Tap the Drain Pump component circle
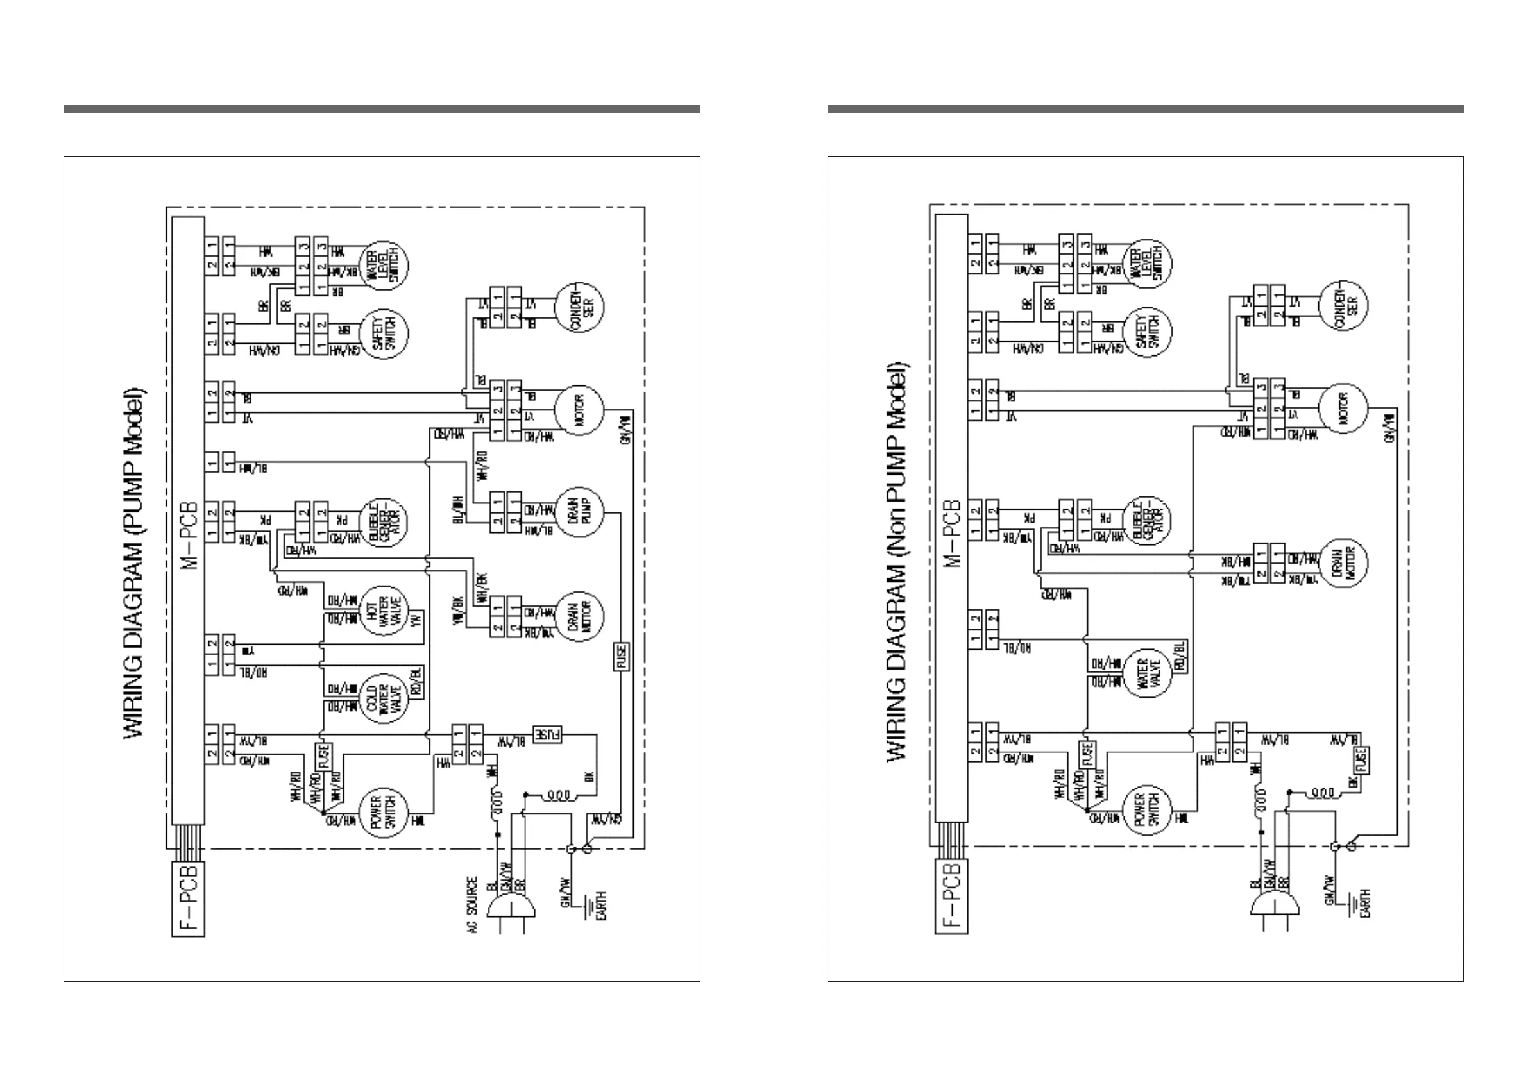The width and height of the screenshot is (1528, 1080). coord(579,512)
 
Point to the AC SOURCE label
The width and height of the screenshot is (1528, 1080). coord(472,904)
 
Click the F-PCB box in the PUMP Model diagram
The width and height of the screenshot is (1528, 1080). coord(189,899)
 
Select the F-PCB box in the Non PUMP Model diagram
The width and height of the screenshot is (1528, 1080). coord(952,897)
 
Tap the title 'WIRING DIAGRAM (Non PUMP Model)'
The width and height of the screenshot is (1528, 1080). coord(898,562)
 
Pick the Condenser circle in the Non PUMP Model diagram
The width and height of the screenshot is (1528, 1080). coord(1343,305)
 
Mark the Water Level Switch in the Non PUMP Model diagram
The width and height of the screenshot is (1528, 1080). coord(1146,264)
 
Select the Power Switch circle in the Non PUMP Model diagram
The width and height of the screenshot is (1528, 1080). coord(1146,811)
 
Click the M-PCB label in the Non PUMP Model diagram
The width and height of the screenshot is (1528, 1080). coord(952,532)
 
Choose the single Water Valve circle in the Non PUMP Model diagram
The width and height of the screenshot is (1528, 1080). coord(1146,673)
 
